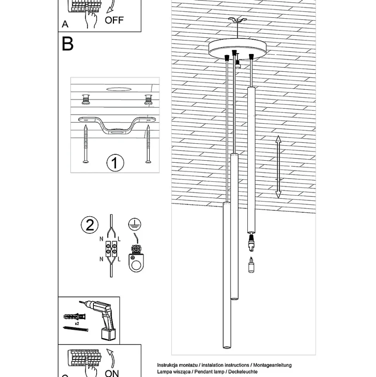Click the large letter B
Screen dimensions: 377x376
pos(67,44)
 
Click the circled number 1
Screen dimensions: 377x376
pos(115,163)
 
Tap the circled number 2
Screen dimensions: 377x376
pos(90,225)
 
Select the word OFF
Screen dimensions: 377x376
pos(114,20)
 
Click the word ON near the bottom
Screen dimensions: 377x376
pos(112,373)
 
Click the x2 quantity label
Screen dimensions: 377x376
pos(77,323)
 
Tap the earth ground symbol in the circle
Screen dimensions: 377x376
pos(135,224)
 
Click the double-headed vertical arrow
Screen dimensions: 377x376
pos(278,167)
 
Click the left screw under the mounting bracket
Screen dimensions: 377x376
pos(85,144)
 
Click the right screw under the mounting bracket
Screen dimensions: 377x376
pos(148,144)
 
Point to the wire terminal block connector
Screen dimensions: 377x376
pos(111,248)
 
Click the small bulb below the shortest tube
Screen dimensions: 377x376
pos(252,266)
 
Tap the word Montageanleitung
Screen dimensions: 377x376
pos(273,365)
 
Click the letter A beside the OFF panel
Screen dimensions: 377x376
pos(65,24)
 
